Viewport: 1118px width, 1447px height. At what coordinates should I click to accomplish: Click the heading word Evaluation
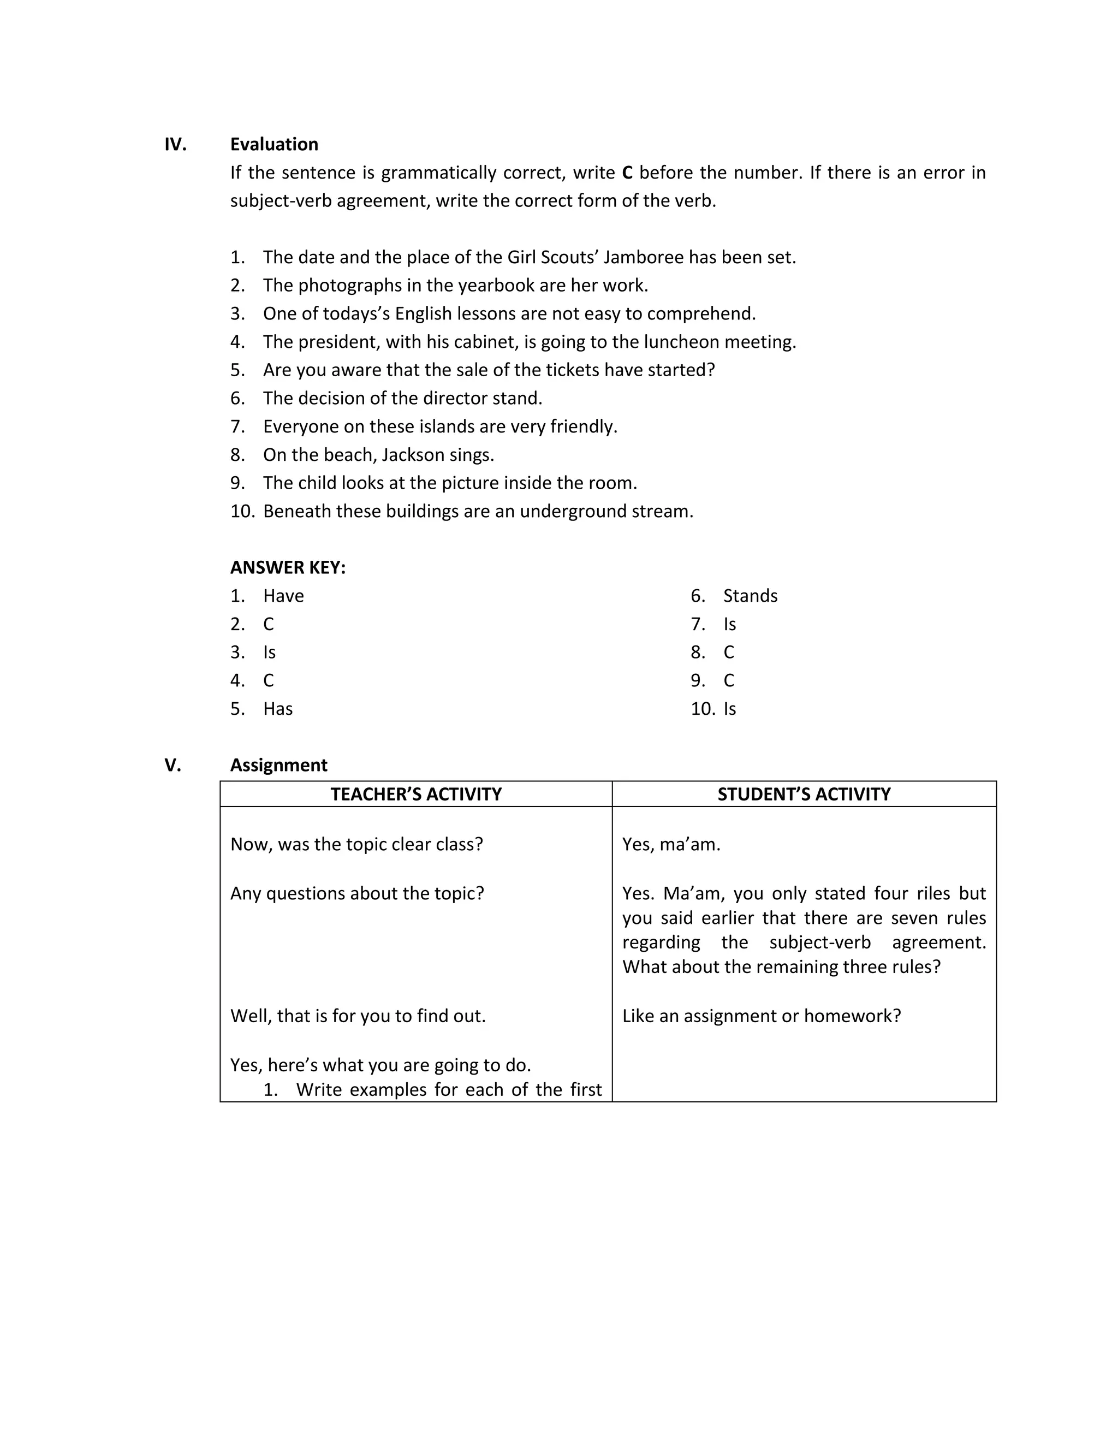tap(273, 145)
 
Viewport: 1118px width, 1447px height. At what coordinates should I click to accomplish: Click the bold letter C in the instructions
tap(627, 173)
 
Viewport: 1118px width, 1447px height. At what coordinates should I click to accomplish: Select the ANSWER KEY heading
tap(288, 568)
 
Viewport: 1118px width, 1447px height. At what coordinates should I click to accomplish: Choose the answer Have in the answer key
tap(283, 596)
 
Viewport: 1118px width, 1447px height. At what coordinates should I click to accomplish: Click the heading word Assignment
tap(278, 765)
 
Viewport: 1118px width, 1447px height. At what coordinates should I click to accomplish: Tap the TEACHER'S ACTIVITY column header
tap(416, 794)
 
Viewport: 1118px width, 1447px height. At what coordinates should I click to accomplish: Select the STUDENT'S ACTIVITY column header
tap(804, 794)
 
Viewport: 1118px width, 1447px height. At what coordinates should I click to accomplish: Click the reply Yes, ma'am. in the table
tap(671, 845)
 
